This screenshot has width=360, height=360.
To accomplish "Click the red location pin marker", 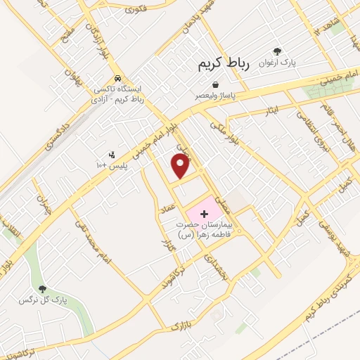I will [x=181, y=166].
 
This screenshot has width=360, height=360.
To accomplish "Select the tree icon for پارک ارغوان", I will [x=278, y=51].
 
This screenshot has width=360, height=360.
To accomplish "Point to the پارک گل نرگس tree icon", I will [x=41, y=288].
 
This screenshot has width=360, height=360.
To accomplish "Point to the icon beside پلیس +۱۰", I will [x=110, y=154].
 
